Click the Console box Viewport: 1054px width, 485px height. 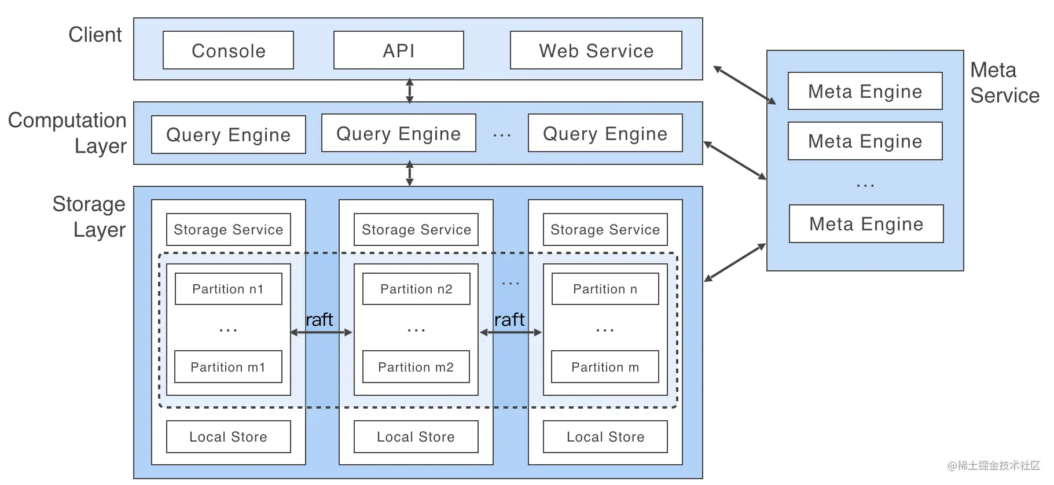[x=228, y=50]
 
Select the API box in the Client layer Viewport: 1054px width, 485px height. [x=399, y=50]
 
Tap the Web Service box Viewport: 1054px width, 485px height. [x=596, y=50]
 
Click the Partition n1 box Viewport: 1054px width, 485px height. [x=228, y=289]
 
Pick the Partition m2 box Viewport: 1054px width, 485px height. [x=416, y=367]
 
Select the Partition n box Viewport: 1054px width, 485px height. [x=605, y=289]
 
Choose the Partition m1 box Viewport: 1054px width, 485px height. [x=228, y=367]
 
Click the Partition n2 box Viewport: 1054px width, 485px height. [x=416, y=289]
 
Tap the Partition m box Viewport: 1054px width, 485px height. [x=605, y=367]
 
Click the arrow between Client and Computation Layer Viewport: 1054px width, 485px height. [x=410, y=91]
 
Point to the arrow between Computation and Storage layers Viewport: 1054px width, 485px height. [x=410, y=173]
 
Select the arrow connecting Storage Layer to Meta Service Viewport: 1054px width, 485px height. [x=735, y=263]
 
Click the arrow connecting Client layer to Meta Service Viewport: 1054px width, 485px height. [x=744, y=85]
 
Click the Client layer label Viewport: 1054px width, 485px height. [x=95, y=35]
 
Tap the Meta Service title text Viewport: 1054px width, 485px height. [x=1005, y=83]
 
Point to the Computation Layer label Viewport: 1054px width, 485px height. [x=67, y=133]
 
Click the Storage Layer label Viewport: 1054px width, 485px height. [x=89, y=216]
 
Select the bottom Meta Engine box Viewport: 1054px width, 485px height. [x=866, y=224]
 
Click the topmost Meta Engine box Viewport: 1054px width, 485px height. [x=865, y=91]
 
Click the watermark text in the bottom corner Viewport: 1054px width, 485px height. [x=994, y=465]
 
